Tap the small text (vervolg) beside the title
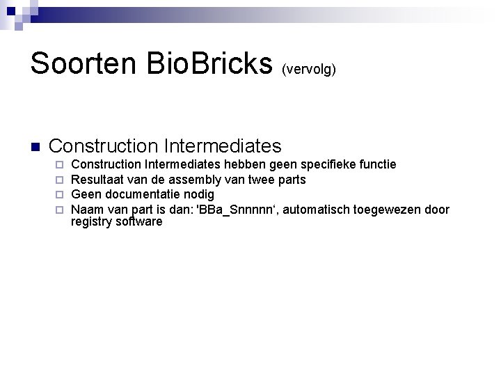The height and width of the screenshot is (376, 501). tap(309, 70)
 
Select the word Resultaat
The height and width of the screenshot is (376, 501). tap(97, 180)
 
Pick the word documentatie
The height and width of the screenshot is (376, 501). tap(142, 194)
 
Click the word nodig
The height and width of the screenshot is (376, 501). tap(200, 194)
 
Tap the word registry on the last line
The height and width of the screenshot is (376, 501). tap(93, 222)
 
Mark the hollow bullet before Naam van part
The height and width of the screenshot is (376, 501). tap(60, 210)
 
